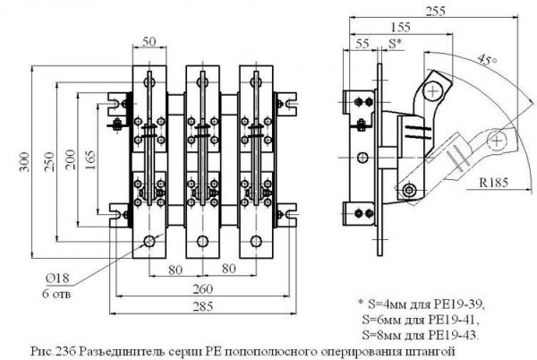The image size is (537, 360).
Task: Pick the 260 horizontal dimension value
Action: click(x=204, y=289)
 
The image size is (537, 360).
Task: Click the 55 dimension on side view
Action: click(x=363, y=43)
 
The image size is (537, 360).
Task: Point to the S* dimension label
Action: click(x=395, y=43)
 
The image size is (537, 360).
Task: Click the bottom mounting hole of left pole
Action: click(x=149, y=240)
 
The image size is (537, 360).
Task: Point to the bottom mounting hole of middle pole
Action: click(x=202, y=240)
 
